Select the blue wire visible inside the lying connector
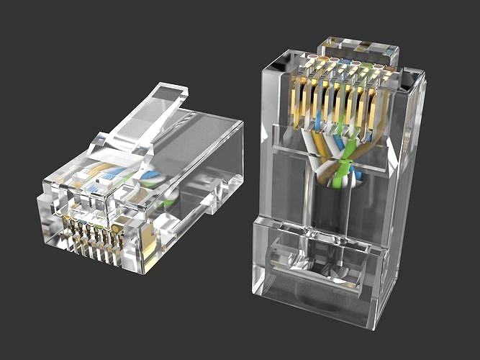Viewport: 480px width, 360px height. tap(150, 175)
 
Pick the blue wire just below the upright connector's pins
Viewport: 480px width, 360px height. tap(338, 141)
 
